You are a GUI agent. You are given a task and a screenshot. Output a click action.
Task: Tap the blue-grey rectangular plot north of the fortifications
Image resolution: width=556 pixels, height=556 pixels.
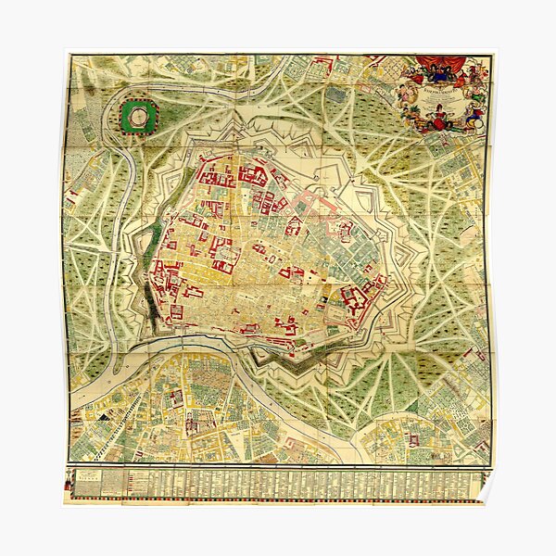pos(335,95)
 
